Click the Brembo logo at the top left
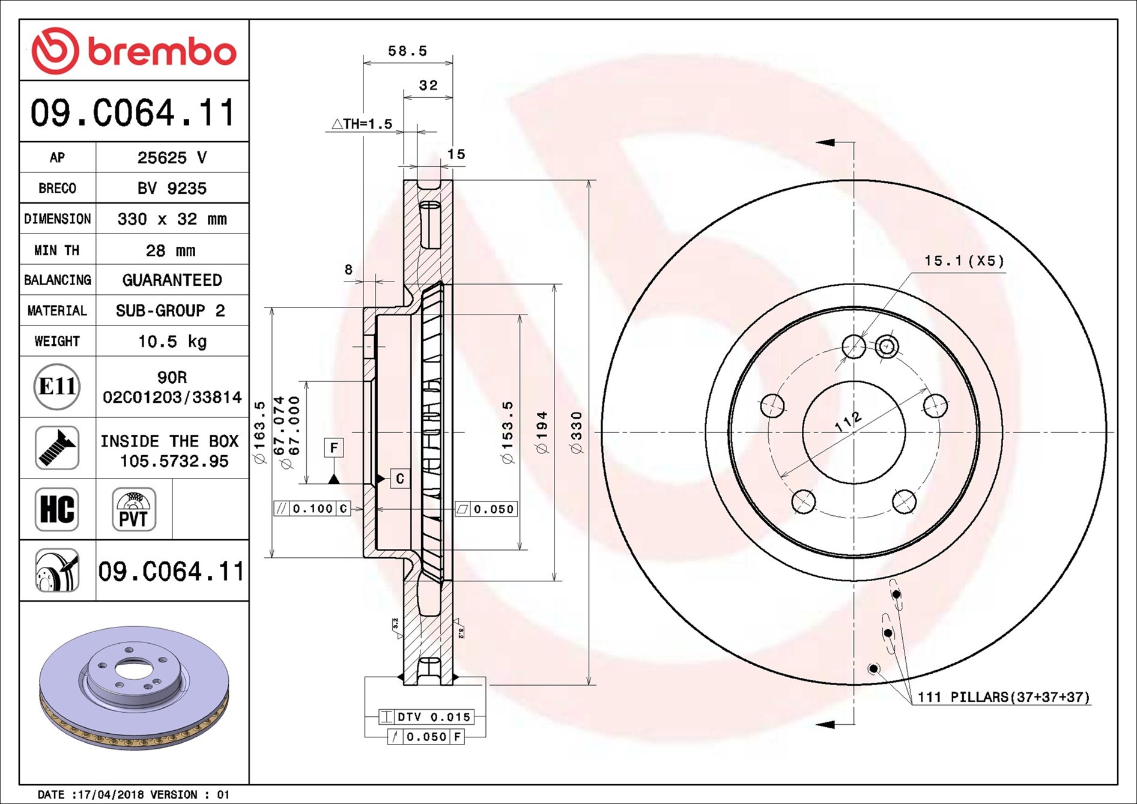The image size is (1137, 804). point(133,50)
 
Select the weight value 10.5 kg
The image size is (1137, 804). point(172,341)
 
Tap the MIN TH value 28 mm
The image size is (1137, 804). point(171,250)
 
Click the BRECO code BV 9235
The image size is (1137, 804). point(172,188)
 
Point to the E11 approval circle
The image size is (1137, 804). point(57,386)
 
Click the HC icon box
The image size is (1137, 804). point(57,509)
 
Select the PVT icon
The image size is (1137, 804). point(133,509)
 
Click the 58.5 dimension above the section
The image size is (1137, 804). point(407,51)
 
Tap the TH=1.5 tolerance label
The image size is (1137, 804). point(362,124)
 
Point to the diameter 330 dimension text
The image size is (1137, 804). point(577,432)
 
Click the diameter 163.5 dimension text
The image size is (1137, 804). point(259,432)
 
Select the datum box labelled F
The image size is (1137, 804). point(334,447)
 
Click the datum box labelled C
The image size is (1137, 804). point(400,479)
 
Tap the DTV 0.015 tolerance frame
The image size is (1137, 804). point(426,716)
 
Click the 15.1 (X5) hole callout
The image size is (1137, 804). point(963,261)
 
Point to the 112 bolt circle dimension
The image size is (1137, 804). point(848,422)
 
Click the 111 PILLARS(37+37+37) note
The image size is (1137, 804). point(1003,697)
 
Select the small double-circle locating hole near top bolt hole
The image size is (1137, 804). point(887,346)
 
